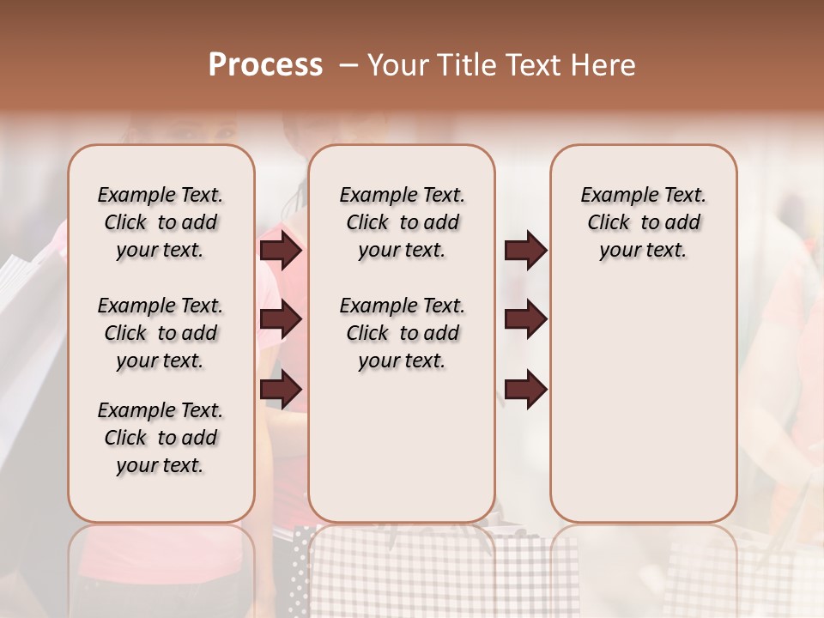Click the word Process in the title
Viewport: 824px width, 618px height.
click(x=265, y=65)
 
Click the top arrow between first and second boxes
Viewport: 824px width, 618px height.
click(x=281, y=251)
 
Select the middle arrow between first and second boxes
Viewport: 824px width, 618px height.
click(x=281, y=320)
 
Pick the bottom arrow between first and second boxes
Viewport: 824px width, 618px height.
click(x=281, y=389)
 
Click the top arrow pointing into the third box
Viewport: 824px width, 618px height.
click(x=525, y=251)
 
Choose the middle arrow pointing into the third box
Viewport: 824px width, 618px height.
click(x=525, y=320)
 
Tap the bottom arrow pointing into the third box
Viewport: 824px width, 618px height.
click(x=525, y=389)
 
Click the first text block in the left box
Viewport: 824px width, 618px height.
click(x=161, y=222)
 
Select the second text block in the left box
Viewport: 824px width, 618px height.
click(x=161, y=333)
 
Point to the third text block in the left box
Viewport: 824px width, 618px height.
click(x=161, y=438)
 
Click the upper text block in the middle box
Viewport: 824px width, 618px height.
click(x=402, y=222)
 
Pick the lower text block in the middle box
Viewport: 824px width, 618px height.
click(x=402, y=333)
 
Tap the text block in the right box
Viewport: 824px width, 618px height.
click(x=643, y=222)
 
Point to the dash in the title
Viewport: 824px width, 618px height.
click(x=348, y=65)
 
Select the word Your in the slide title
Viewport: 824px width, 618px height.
click(x=397, y=65)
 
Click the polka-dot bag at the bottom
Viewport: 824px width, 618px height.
click(x=300, y=571)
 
